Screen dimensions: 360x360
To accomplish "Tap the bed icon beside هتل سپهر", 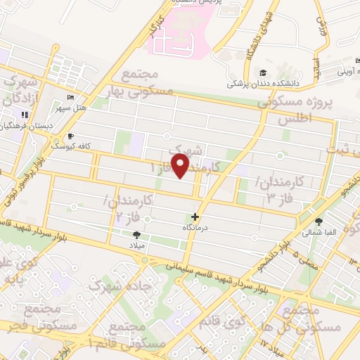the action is click(69, 98).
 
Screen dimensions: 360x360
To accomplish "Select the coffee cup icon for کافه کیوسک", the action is click(70, 136).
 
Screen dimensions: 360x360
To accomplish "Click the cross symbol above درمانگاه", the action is click(195, 217).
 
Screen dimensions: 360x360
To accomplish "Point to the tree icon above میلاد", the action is click(136, 235).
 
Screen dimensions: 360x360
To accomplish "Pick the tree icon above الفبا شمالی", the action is click(319, 221).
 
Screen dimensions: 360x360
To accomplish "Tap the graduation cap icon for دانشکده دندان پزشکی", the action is click(262, 73).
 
